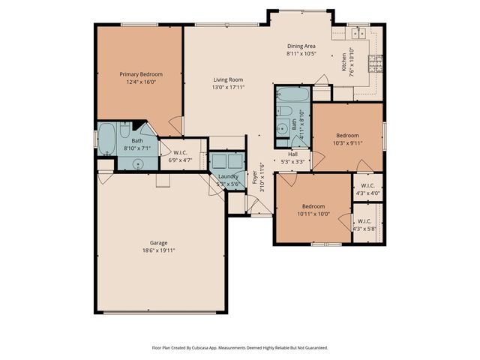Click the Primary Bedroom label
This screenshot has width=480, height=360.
[140, 74]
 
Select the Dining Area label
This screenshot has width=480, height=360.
[301, 46]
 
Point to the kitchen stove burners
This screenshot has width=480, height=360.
[376, 59]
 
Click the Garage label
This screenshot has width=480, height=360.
[157, 242]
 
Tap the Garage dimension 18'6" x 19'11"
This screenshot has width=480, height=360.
[157, 250]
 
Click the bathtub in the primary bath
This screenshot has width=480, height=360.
[106, 139]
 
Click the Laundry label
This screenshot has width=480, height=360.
[228, 176]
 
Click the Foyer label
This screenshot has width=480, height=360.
[255, 180]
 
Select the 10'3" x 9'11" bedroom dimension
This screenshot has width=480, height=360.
[347, 142]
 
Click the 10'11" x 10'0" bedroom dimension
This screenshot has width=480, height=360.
[313, 213]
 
